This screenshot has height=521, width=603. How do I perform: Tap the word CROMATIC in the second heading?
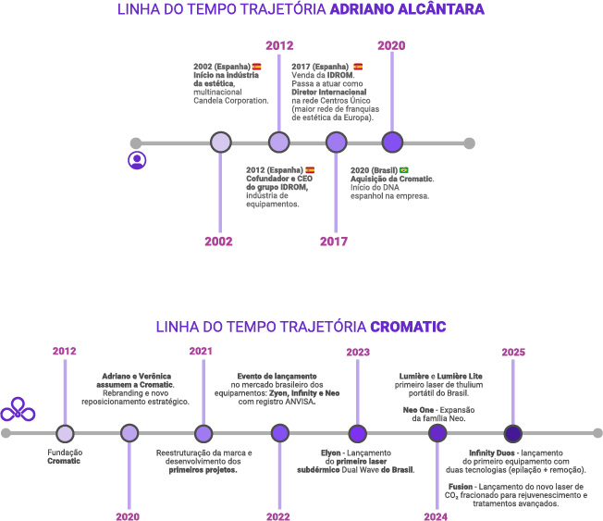coord(408,327)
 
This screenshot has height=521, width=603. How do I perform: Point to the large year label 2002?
coord(219,242)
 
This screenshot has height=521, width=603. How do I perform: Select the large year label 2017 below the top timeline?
coord(334,242)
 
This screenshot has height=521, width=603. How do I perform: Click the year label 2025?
coord(513,352)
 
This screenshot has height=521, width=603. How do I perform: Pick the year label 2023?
coord(358,352)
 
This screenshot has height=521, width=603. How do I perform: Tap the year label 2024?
coord(436,515)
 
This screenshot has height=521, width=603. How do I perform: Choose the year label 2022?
coord(279,515)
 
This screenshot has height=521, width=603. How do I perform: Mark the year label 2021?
coord(202,352)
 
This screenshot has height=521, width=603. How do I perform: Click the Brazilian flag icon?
coord(404,170)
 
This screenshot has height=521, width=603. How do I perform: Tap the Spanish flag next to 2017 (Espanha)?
coord(358,67)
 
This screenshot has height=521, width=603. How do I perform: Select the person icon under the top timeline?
coord(137,159)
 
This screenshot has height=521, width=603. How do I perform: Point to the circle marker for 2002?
coord(220,143)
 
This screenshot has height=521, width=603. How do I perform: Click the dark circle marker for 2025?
coord(513,433)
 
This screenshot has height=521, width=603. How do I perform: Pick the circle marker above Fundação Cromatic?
coord(65,433)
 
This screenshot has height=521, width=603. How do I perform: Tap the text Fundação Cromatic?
coord(64,456)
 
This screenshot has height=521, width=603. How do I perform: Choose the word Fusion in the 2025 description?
coord(460,486)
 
